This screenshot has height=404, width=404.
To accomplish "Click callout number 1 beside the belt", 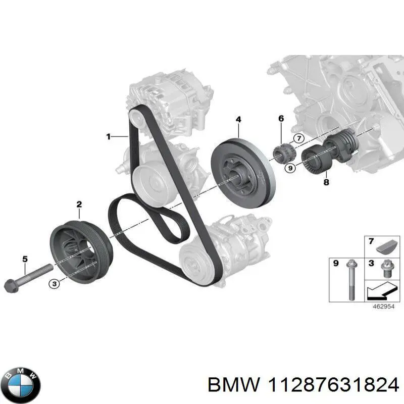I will pyautogui.click(x=108, y=136).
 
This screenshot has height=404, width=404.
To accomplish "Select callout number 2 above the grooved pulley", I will pyautogui.click(x=79, y=205).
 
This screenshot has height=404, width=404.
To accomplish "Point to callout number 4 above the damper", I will pyautogui.click(x=238, y=119).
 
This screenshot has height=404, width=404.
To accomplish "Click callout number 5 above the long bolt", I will pyautogui.click(x=24, y=260).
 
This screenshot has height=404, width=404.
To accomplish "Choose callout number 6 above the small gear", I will pyautogui.click(x=281, y=118).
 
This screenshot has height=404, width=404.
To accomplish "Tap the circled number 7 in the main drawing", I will pyautogui.click(x=298, y=138).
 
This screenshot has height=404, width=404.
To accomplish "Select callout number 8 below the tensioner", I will pyautogui.click(x=326, y=182).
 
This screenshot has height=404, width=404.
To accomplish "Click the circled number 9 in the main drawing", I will pyautogui.click(x=289, y=169).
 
